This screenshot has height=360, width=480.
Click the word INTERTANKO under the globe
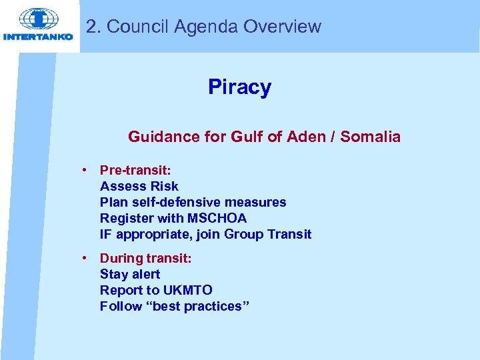point(38,37)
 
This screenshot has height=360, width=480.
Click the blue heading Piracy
point(239,87)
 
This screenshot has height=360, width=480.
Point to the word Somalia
point(371,137)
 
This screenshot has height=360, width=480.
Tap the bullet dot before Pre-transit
point(86,170)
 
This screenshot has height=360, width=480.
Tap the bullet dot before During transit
point(86,258)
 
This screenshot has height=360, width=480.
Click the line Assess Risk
point(139,186)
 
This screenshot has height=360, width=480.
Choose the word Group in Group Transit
point(244,234)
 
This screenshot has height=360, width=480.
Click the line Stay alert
point(130,274)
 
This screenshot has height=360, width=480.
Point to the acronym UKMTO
point(187,290)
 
